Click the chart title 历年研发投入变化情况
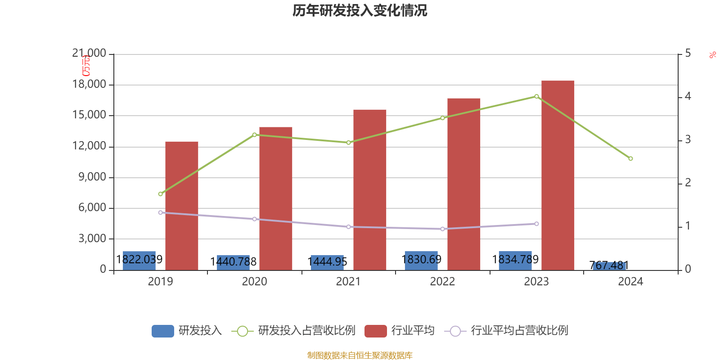[360, 10]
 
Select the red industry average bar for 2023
[558, 175]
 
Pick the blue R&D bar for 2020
[233, 262]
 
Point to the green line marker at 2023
[536, 96]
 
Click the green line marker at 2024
[630, 159]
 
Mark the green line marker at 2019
[160, 194]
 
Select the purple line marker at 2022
[442, 229]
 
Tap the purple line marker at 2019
[160, 212]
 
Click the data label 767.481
[609, 265]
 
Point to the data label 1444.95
[327, 261]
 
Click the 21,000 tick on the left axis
[89, 54]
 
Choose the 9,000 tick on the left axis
[92, 177]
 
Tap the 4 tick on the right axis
[688, 96]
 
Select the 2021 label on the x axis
[348, 282]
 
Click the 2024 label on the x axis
[630, 282]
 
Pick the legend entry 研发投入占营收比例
[306, 331]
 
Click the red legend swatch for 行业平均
[375, 331]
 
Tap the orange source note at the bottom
[360, 355]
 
